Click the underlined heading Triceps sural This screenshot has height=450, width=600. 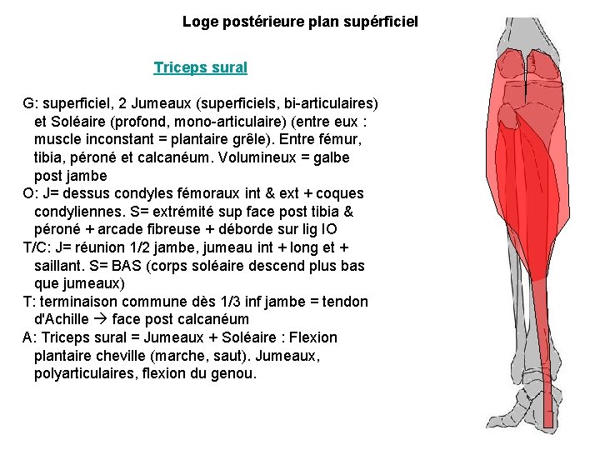(x=200, y=67)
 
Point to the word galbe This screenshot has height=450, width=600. (x=327, y=157)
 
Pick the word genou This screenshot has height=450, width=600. (x=236, y=373)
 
